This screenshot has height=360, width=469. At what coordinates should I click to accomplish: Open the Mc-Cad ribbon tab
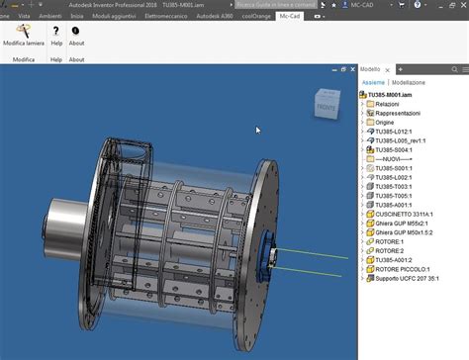point(290,17)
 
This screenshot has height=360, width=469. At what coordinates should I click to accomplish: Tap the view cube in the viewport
point(324,102)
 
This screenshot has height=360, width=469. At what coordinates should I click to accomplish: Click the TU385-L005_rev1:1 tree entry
point(408,139)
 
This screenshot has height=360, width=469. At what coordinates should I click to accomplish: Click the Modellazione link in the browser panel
point(408,83)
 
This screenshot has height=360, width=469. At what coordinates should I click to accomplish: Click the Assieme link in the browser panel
point(372,83)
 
